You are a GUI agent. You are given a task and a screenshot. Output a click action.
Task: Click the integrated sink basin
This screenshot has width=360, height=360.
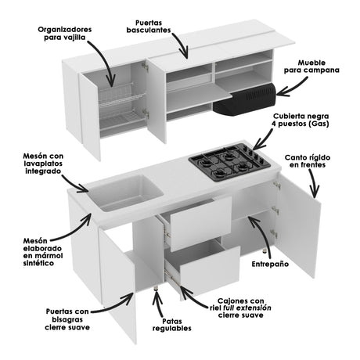121,191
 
